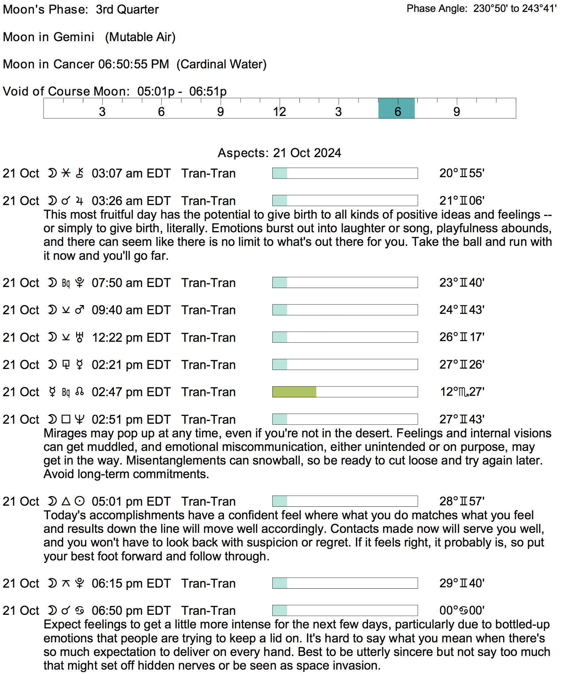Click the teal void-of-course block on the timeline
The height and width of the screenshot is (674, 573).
396,108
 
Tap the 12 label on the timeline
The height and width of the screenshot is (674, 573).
279,112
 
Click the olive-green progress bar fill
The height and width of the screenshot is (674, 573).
294,392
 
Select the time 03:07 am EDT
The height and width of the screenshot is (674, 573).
131,173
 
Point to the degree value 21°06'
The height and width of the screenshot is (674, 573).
462,201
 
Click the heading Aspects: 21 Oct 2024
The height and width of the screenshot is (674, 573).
279,153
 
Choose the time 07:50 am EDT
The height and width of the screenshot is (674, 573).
131,283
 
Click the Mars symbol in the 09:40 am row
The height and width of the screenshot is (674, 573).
80,310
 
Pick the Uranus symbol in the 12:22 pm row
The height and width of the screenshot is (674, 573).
80,337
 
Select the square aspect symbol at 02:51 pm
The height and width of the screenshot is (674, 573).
66,419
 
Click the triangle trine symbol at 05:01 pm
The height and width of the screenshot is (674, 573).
66,501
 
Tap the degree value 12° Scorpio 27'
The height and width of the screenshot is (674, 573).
462,392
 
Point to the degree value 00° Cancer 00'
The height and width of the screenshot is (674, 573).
462,610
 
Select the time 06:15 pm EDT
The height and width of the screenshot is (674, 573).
131,584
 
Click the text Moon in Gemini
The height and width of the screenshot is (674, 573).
49,37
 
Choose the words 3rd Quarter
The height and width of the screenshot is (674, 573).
127,10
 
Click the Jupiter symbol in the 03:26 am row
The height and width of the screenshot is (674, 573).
80,201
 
